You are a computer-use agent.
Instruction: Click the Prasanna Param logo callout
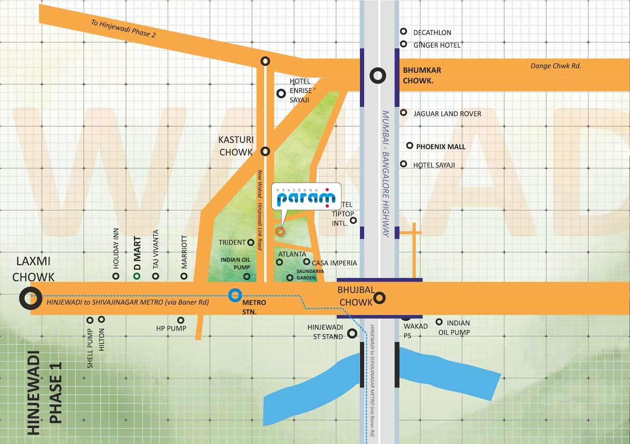pos(306,196)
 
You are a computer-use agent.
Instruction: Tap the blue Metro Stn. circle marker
pos(235,295)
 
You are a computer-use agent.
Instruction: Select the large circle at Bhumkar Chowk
pos(378,76)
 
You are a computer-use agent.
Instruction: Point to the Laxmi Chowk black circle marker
pos(31,298)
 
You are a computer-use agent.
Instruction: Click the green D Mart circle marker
pos(136,276)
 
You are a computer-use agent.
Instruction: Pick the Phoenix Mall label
pos(441,146)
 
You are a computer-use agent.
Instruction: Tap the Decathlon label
pos(432,32)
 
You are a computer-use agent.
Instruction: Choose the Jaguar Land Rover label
pos(447,114)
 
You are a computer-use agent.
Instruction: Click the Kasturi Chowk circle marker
pos(265,151)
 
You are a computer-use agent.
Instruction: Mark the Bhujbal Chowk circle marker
pos(379,298)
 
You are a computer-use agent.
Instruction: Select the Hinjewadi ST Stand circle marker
pos(352,333)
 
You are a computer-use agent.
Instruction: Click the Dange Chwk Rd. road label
pos(556,66)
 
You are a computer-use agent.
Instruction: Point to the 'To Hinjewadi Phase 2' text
pos(123,29)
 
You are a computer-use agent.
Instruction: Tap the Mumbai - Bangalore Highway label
pos(386,174)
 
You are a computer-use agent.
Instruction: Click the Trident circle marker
pos(251,242)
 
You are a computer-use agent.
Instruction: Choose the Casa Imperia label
pos(334,263)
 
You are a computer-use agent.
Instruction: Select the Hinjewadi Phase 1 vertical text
pos(45,392)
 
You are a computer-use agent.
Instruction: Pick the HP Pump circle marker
pos(181,321)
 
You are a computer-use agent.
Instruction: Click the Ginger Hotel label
pos(437,45)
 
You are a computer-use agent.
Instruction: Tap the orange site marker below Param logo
pos(280,231)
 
